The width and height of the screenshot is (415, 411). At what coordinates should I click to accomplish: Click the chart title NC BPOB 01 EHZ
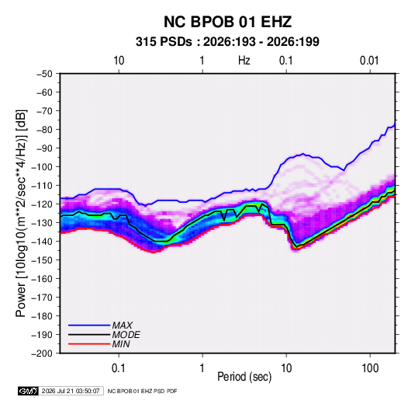tap(227, 22)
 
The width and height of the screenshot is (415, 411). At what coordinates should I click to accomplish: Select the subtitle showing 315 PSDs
tap(227, 42)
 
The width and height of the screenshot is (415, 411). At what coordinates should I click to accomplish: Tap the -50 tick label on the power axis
tap(44, 74)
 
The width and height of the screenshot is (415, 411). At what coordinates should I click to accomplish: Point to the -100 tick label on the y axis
tap(42, 167)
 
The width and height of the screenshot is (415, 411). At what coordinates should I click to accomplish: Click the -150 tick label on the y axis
tap(42, 260)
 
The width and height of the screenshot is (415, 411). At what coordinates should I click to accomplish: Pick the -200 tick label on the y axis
tap(42, 354)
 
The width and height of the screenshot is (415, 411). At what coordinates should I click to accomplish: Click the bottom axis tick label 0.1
tap(119, 368)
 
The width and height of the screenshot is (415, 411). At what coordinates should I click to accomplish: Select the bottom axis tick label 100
tap(370, 368)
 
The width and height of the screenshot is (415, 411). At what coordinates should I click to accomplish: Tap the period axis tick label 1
tap(202, 368)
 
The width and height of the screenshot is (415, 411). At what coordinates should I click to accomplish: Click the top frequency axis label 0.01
tap(369, 61)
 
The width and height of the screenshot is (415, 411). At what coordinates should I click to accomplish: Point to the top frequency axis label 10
tap(119, 61)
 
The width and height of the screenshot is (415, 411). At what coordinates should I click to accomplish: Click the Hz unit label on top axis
tap(244, 61)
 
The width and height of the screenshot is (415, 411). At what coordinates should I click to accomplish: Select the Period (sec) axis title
tap(244, 377)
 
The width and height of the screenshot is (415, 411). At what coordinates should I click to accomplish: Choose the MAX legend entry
tap(122, 326)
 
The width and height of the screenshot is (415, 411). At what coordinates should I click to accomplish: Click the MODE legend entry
tap(126, 335)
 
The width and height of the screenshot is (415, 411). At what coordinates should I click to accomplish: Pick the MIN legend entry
tap(121, 344)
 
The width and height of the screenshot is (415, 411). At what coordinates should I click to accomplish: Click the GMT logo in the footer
tap(28, 391)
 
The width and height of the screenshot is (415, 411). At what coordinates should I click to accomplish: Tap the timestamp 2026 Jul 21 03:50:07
tap(71, 391)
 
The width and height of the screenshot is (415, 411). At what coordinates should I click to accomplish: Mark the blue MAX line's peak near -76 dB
tap(395, 122)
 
